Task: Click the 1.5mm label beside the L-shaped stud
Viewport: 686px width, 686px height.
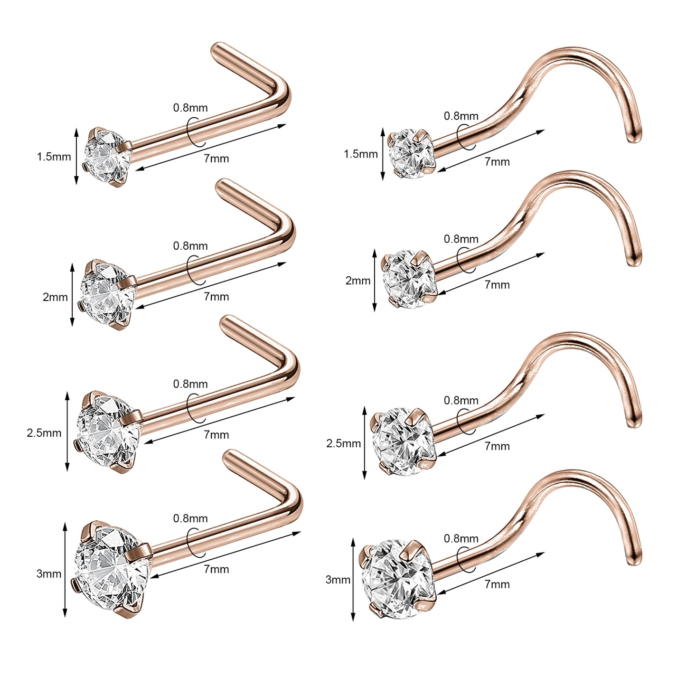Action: (x=54, y=157)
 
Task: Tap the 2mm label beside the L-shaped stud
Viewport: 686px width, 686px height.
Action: (x=55, y=297)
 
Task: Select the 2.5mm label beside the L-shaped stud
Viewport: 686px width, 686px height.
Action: (x=44, y=433)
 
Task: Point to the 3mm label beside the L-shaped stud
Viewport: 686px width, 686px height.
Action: (x=49, y=574)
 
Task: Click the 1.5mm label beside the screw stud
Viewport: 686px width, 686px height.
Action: (x=361, y=154)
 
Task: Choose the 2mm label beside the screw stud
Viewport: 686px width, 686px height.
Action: (x=358, y=281)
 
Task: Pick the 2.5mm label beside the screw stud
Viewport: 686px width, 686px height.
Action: (x=344, y=443)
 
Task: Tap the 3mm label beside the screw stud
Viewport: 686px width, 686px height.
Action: (x=338, y=580)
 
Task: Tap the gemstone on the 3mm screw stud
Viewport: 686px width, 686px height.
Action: (x=396, y=579)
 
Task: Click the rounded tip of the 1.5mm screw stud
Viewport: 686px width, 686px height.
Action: (x=633, y=137)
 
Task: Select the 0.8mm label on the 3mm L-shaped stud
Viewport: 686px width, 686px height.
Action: (x=190, y=518)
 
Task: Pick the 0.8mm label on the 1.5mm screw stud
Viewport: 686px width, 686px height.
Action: (x=461, y=116)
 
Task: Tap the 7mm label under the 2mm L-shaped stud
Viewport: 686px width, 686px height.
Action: (x=216, y=297)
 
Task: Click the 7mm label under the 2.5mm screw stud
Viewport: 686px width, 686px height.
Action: (x=497, y=446)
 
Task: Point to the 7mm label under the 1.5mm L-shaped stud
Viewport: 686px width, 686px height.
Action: (x=216, y=159)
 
